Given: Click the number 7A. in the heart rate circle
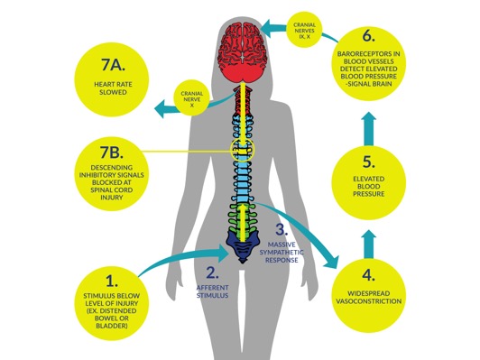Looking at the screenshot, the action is pos(113,64).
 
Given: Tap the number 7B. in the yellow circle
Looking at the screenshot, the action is pos(112,152).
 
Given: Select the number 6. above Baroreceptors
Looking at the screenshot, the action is pos(368,36).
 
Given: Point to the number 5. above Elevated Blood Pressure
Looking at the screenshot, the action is pos(368,162).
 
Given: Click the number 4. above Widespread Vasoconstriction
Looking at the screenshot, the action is pos(368,275).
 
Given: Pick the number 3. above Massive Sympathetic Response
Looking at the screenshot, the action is pos(282,229).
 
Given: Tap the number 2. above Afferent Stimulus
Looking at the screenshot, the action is pos(212,272).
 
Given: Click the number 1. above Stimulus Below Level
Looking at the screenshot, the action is pos(112,281).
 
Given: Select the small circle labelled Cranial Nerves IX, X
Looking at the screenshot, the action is pos(304,30).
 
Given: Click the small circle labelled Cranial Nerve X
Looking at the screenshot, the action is pos(192,98).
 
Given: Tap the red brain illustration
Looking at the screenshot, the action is pos(243,52).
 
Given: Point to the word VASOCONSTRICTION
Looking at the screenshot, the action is pos(368,301).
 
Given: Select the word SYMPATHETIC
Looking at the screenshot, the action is pos(282,253).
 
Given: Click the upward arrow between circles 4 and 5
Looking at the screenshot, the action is pos(369,245).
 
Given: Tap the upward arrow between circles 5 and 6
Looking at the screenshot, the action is pos(369,128).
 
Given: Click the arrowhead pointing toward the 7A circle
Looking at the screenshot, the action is pos(162,108).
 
